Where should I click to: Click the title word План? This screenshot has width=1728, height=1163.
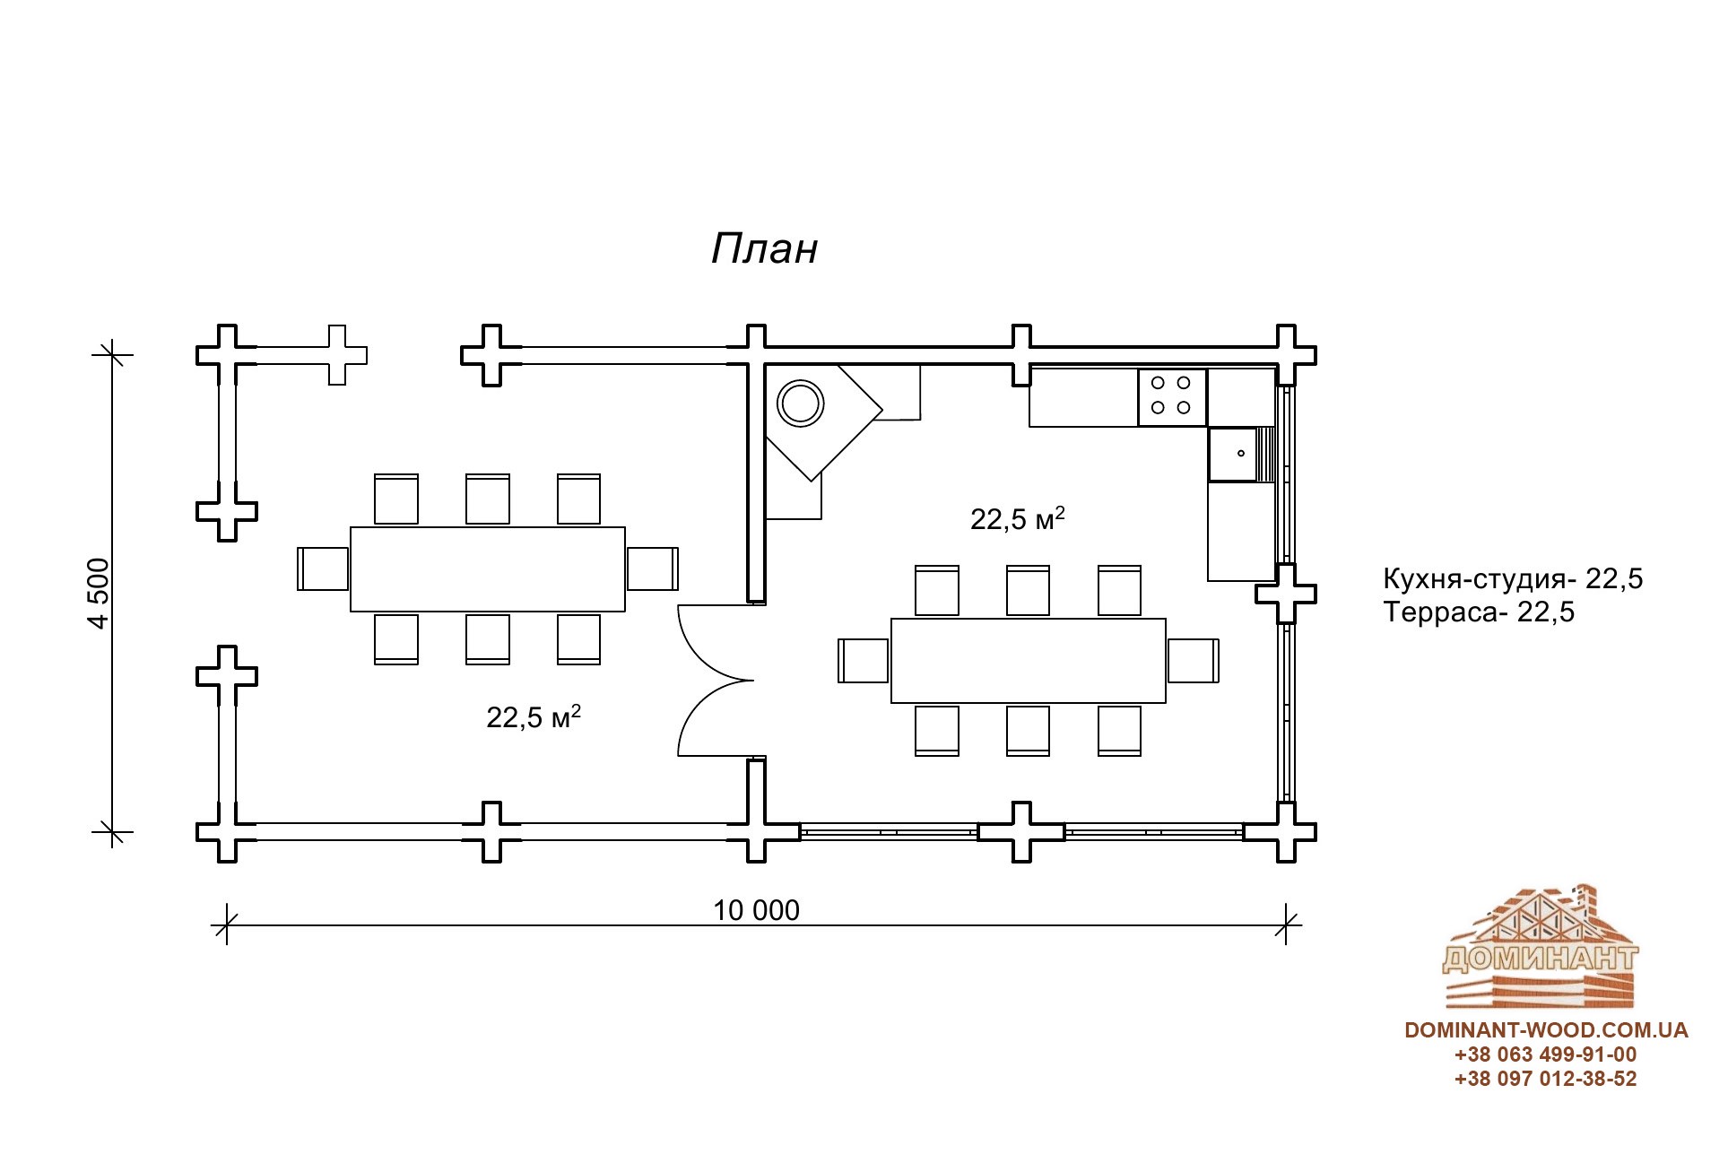tap(764, 249)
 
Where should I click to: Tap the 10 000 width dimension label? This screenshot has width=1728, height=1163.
tap(756, 910)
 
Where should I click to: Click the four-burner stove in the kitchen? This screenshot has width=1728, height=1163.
tap(1172, 396)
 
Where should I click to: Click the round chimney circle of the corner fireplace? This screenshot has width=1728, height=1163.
tap(800, 403)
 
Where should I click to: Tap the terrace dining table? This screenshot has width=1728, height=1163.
tap(488, 569)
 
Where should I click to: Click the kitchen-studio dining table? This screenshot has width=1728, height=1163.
tap(1029, 661)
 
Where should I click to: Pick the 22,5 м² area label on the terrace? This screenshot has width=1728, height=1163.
tap(534, 716)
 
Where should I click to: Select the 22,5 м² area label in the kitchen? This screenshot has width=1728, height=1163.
tap(1018, 518)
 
